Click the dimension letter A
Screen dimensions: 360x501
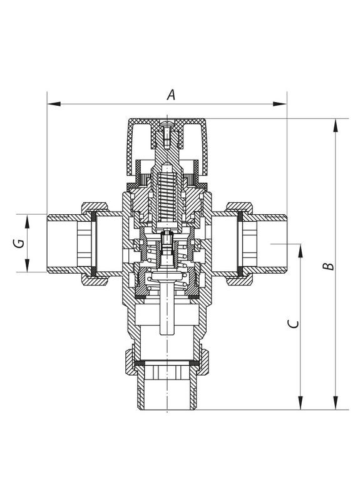point(171,95)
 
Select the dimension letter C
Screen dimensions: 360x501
point(293,324)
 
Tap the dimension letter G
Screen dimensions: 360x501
point(19,244)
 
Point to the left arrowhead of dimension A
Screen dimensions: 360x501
point(54,104)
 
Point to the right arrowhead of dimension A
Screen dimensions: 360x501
point(279,104)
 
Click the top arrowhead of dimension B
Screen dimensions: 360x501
point(336,125)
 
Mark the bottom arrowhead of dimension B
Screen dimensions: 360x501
point(336,403)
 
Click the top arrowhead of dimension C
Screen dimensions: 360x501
point(301,251)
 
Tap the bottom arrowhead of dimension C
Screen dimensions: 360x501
point(301,403)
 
